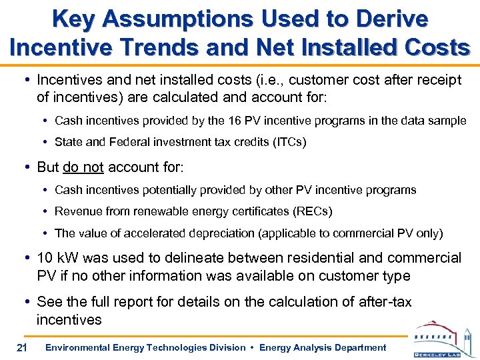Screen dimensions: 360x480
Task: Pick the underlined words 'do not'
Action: (x=83, y=167)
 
